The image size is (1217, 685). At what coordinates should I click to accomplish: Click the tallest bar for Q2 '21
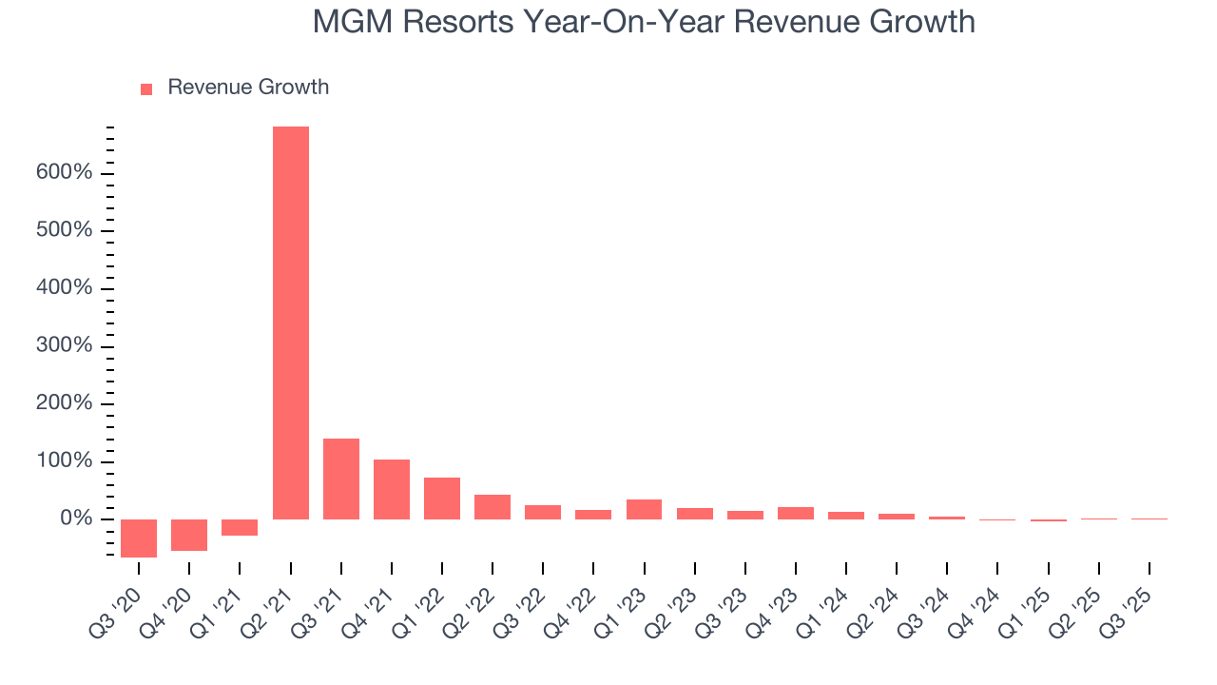pos(291,323)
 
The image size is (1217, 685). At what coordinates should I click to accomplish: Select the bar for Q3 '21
pos(341,479)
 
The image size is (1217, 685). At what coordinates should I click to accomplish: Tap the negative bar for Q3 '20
pos(139,538)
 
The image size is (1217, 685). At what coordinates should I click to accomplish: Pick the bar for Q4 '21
pos(392,489)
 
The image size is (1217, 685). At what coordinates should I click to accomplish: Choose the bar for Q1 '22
pos(442,498)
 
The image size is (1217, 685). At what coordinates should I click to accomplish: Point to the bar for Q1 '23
pos(644,509)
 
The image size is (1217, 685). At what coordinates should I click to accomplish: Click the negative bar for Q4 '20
pos(189,535)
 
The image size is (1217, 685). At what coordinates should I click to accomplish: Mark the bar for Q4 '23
pos(796,513)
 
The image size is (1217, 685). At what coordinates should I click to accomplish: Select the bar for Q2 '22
pos(493,507)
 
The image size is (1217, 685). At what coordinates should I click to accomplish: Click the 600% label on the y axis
pos(64,173)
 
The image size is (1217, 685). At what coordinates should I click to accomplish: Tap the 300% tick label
pos(64,346)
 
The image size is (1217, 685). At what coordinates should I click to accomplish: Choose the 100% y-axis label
pos(64,461)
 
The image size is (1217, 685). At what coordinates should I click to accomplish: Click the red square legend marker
pos(146,89)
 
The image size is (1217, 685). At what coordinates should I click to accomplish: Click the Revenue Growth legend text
pos(248,88)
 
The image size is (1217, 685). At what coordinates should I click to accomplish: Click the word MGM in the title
pos(353,22)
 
